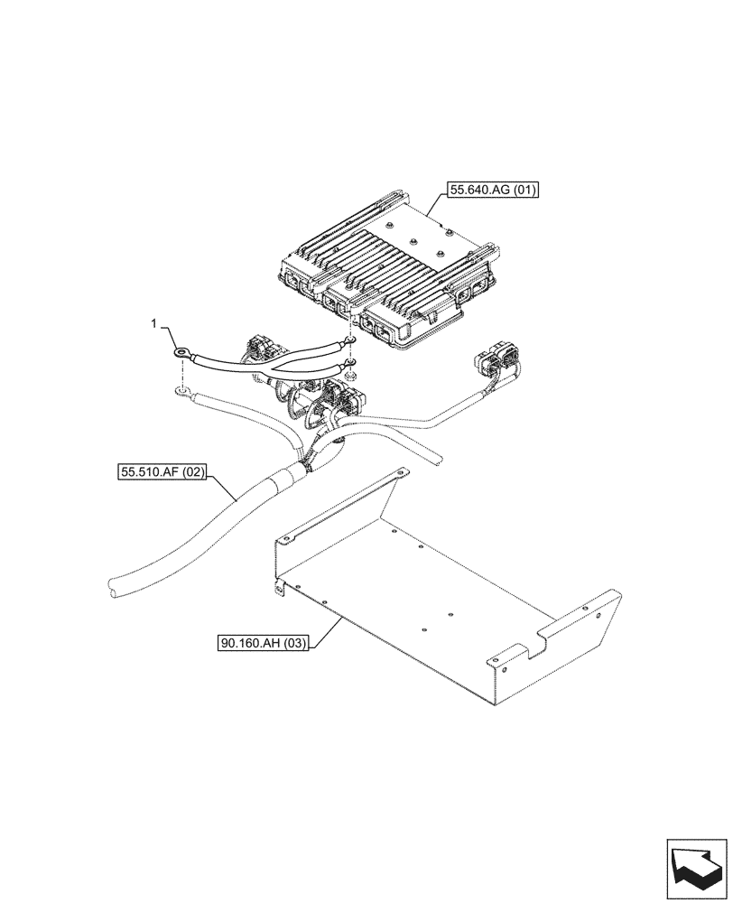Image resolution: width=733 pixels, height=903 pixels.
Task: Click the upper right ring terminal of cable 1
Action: coord(347,340)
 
